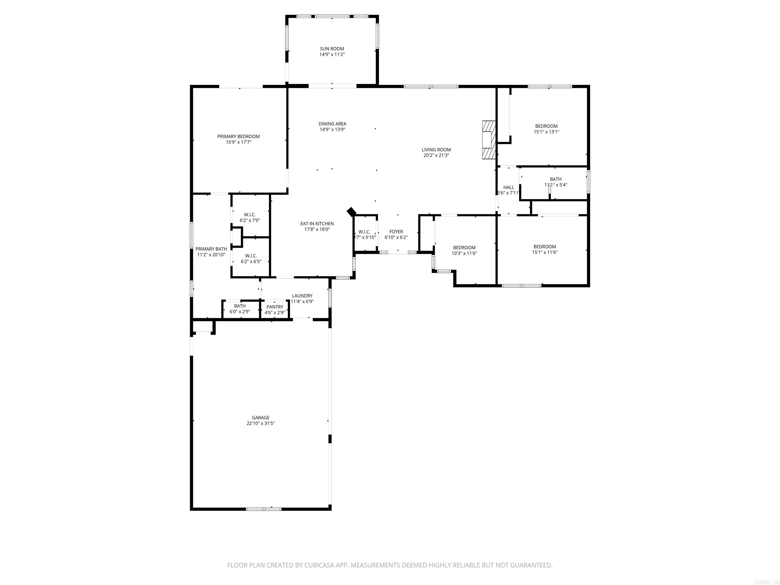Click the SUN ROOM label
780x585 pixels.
click(332, 49)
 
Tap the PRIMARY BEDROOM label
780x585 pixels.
click(238, 136)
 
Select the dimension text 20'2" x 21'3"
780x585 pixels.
click(436, 155)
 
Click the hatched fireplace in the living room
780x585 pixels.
click(489, 140)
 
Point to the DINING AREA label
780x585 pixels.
click(332, 124)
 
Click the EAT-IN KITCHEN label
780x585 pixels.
click(317, 223)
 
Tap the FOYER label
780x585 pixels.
click(396, 232)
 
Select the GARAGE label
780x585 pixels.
click(261, 417)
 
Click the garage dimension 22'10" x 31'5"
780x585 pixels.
click(261, 424)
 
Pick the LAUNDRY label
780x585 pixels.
click(302, 296)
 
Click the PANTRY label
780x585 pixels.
click(275, 307)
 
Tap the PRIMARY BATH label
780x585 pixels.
click(211, 249)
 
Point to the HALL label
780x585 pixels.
click(509, 187)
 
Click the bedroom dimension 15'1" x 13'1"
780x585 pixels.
click(546, 132)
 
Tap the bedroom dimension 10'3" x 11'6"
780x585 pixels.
click(464, 253)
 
